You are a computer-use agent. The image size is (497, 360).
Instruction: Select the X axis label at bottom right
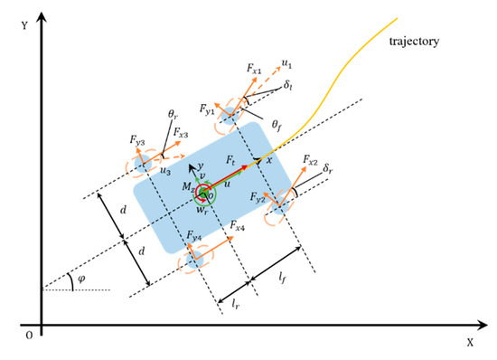point(469,343)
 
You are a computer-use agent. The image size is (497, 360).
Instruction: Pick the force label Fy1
point(209,111)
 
